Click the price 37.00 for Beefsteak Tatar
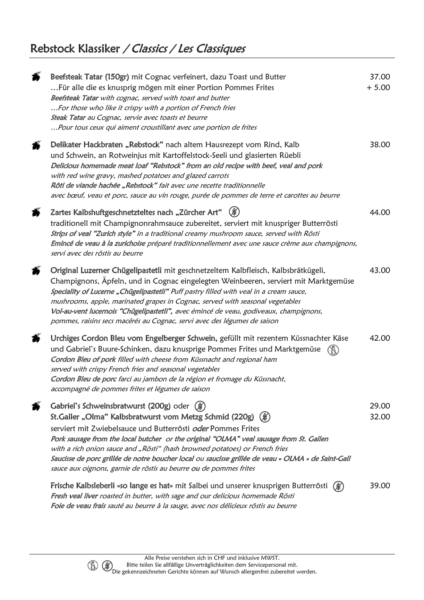(x=380, y=77)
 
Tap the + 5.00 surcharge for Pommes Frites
(x=378, y=87)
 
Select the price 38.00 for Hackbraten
(x=380, y=144)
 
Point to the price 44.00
(x=380, y=212)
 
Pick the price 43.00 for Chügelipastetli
(x=380, y=270)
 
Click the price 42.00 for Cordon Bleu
(x=380, y=338)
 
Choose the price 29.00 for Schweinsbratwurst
(x=380, y=406)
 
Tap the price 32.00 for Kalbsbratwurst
(x=380, y=417)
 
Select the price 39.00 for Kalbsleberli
(x=380, y=485)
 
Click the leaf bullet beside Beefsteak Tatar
(x=36, y=76)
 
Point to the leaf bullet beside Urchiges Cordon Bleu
(x=36, y=337)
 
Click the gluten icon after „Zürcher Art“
(x=235, y=212)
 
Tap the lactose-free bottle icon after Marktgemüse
(x=333, y=350)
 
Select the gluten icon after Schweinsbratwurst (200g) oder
(x=200, y=406)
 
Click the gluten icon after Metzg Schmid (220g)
(x=265, y=417)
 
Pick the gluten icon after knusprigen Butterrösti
(x=338, y=486)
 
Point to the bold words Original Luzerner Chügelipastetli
(x=106, y=270)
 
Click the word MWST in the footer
(x=271, y=558)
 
